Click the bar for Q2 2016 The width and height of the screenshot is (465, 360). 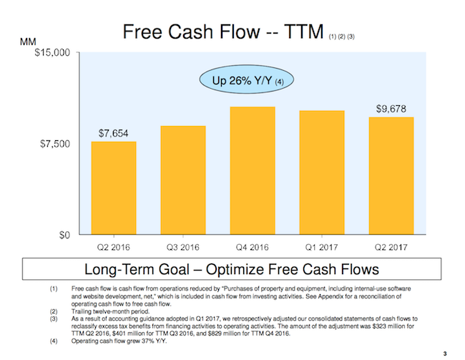pyautogui.click(x=114, y=188)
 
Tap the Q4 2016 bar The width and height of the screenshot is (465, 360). pyautogui.click(x=253, y=171)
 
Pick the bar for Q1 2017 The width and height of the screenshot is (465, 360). pyautogui.click(x=322, y=173)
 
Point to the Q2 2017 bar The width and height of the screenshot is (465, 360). pyautogui.click(x=391, y=176)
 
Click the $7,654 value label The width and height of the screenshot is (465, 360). pyautogui.click(x=114, y=134)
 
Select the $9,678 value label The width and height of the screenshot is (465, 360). pyautogui.click(x=391, y=109)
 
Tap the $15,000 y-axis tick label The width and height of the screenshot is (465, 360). pyautogui.click(x=52, y=53)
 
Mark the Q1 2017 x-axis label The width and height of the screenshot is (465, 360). pyautogui.click(x=322, y=247)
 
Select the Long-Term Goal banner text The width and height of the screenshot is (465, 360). pyautogui.click(x=232, y=270)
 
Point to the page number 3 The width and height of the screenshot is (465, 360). pyautogui.click(x=444, y=351)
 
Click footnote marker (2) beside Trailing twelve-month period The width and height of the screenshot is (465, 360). pyautogui.click(x=54, y=311)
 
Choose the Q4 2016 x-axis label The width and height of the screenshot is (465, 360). pyautogui.click(x=253, y=247)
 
